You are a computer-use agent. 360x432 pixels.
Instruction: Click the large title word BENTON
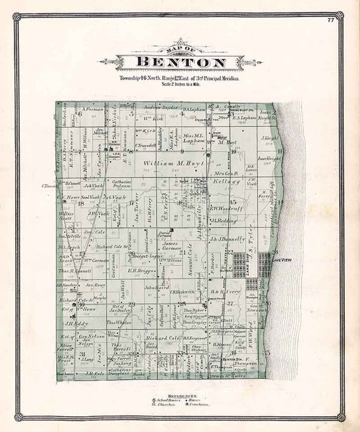(180, 63)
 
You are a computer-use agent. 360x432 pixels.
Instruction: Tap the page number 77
(330, 20)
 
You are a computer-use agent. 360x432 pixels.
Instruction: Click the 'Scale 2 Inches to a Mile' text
(179, 84)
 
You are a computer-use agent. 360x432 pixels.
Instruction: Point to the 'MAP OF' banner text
(179, 50)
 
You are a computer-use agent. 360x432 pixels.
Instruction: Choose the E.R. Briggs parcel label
(137, 270)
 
